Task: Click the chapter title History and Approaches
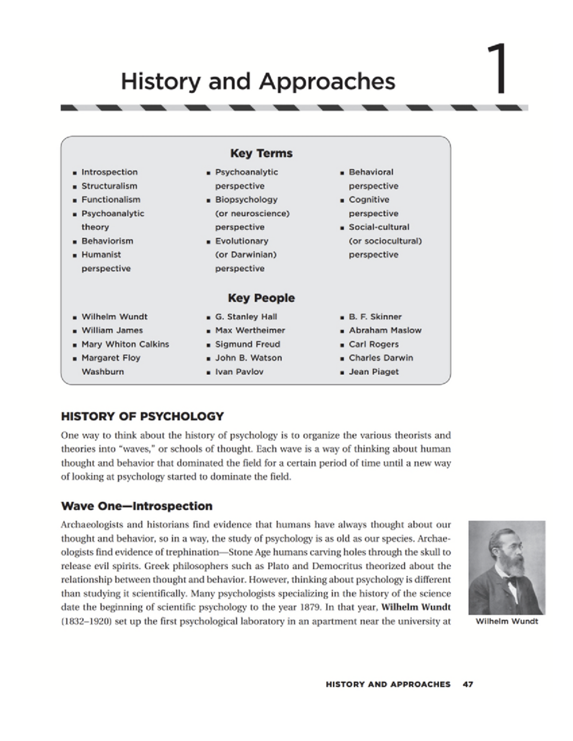258,81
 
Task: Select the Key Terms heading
261,153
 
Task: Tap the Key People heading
261,298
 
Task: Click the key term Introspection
109,172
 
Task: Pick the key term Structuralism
109,186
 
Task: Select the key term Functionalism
111,199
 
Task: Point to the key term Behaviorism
107,241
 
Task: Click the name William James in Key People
112,330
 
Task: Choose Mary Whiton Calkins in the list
125,344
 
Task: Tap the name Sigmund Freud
247,344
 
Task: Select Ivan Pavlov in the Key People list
239,372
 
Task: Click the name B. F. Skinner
375,316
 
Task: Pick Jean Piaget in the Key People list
373,372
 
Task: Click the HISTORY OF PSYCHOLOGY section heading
142,416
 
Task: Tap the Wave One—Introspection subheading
137,506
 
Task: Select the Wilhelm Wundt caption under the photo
507,621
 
